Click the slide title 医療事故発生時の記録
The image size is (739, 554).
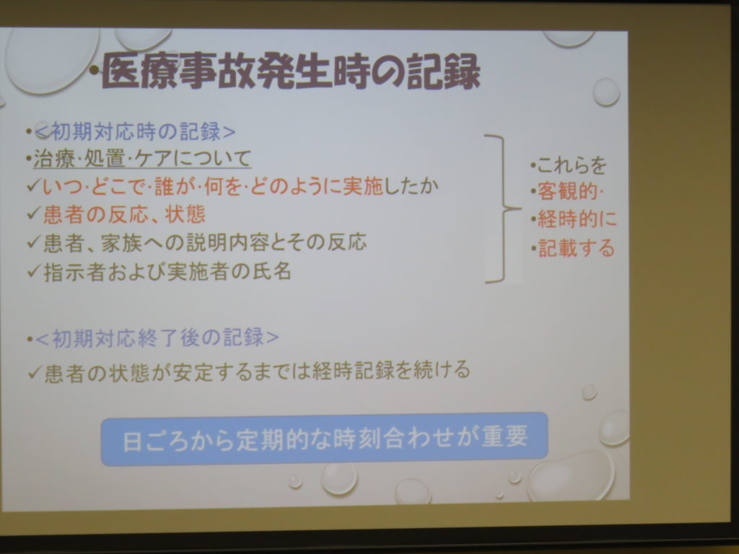tap(291, 71)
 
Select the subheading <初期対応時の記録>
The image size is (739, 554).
tap(135, 131)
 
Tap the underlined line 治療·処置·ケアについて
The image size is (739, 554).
tap(142, 158)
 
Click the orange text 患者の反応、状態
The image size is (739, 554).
tap(124, 214)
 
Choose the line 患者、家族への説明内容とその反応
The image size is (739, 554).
tap(204, 242)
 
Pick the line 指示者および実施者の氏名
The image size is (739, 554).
tap(167, 272)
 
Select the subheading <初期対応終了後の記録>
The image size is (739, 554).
tap(157, 338)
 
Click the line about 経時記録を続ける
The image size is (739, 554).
tap(257, 370)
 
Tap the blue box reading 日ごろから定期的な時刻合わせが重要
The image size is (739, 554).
tap(324, 439)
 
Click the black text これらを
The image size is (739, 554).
tap(572, 165)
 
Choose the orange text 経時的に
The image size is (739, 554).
tap(577, 219)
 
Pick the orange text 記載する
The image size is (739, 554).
tap(577, 248)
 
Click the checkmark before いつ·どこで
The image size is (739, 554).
tap(34, 185)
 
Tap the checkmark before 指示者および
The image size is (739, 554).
tap(35, 271)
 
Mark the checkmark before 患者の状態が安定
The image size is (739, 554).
tap(35, 371)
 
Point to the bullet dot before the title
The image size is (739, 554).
tap(95, 71)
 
